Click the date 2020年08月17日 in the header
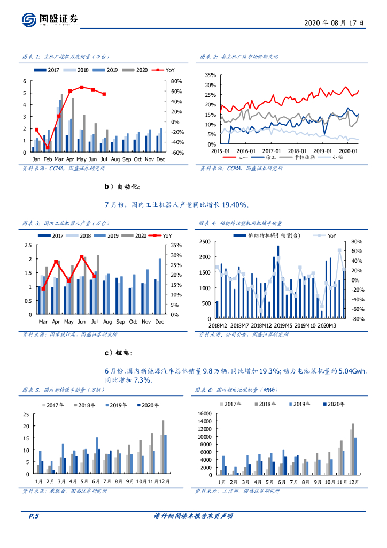(x=334, y=23)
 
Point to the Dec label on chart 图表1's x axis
(x=160, y=159)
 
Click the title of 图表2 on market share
(x=239, y=56)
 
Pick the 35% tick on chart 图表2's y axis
(x=210, y=75)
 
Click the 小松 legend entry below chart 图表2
(x=337, y=157)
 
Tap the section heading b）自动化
(x=122, y=186)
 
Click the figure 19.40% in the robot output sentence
(x=235, y=204)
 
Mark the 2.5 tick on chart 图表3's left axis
(x=28, y=245)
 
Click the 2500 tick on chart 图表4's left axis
(x=204, y=242)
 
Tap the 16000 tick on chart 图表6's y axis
(x=206, y=414)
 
